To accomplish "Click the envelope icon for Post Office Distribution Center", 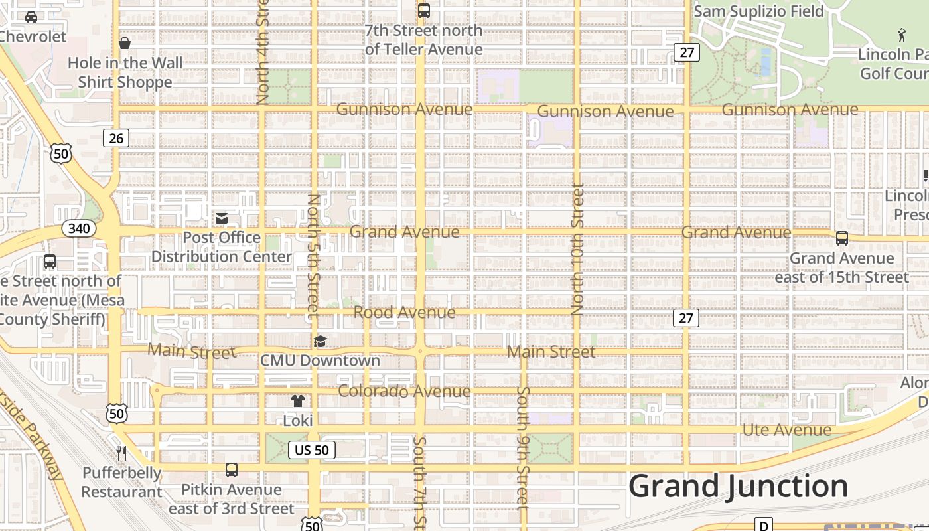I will point(222,218).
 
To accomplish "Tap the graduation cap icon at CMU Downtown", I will point(320,342).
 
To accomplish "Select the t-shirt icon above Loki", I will point(298,401).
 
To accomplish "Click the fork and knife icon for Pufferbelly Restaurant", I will point(121,453).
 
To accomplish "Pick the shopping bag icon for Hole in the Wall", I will point(124,44).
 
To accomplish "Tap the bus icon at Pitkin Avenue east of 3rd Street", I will point(231,470).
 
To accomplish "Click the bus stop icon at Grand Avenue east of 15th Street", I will point(841,238).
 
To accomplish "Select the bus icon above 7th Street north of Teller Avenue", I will point(423,11).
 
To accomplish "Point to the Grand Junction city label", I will point(738,487).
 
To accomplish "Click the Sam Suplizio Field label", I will point(758,11).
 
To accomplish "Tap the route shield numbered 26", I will point(116,138).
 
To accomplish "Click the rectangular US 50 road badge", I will point(312,450).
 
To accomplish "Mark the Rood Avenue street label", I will point(404,312).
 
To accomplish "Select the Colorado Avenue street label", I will point(404,391).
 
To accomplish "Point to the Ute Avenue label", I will point(786,430).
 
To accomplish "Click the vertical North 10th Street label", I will point(577,249).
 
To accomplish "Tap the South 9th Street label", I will point(523,447).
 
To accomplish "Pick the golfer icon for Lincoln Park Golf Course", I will point(901,35).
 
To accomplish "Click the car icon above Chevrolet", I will point(31,17).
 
